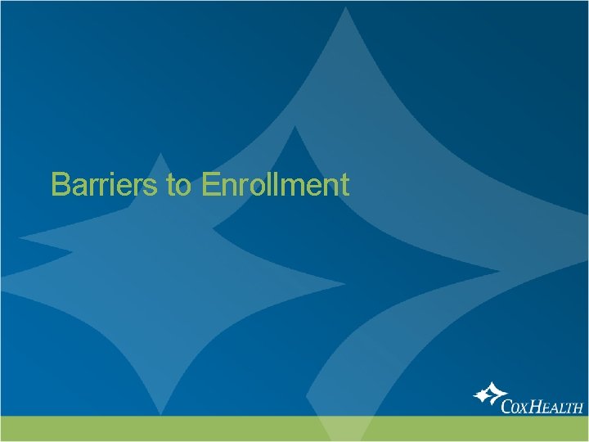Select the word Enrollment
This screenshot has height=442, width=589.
[274, 185]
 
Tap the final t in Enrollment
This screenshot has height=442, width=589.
[344, 186]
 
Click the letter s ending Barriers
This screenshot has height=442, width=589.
[155, 188]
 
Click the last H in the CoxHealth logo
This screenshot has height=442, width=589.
[578, 407]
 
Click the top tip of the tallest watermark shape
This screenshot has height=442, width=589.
[347, 7]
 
